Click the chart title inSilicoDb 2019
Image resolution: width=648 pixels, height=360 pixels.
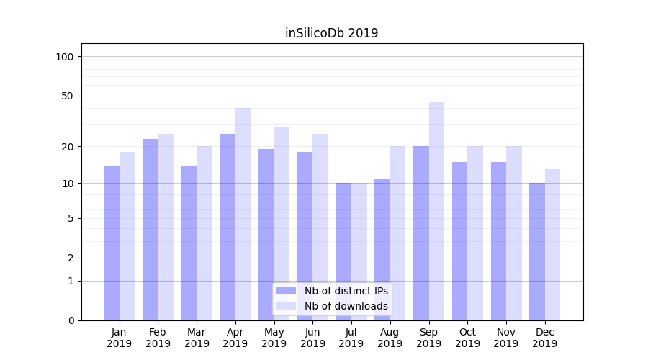331,33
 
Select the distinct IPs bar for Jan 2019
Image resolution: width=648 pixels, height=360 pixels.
112,243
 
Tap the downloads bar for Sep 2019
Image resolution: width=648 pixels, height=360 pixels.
436,211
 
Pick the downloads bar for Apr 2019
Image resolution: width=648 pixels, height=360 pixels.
243,214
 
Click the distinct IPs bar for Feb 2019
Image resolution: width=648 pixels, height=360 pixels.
150,230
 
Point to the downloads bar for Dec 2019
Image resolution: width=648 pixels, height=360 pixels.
553,245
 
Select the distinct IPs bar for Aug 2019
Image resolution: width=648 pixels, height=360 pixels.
382,249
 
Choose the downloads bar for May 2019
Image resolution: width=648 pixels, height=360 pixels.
282,224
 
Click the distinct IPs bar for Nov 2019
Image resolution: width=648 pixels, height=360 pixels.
498,241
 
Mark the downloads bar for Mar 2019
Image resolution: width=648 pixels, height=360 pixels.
204,233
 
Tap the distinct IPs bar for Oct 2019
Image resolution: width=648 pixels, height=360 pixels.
459,241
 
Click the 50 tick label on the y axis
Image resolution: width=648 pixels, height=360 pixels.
68,96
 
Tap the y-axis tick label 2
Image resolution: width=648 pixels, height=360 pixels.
71,258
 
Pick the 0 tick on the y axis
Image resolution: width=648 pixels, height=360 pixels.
71,320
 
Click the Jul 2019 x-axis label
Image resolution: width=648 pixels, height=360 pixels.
351,338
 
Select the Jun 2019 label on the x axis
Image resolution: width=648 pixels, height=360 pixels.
312,338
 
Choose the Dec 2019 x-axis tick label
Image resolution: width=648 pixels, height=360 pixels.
544,338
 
